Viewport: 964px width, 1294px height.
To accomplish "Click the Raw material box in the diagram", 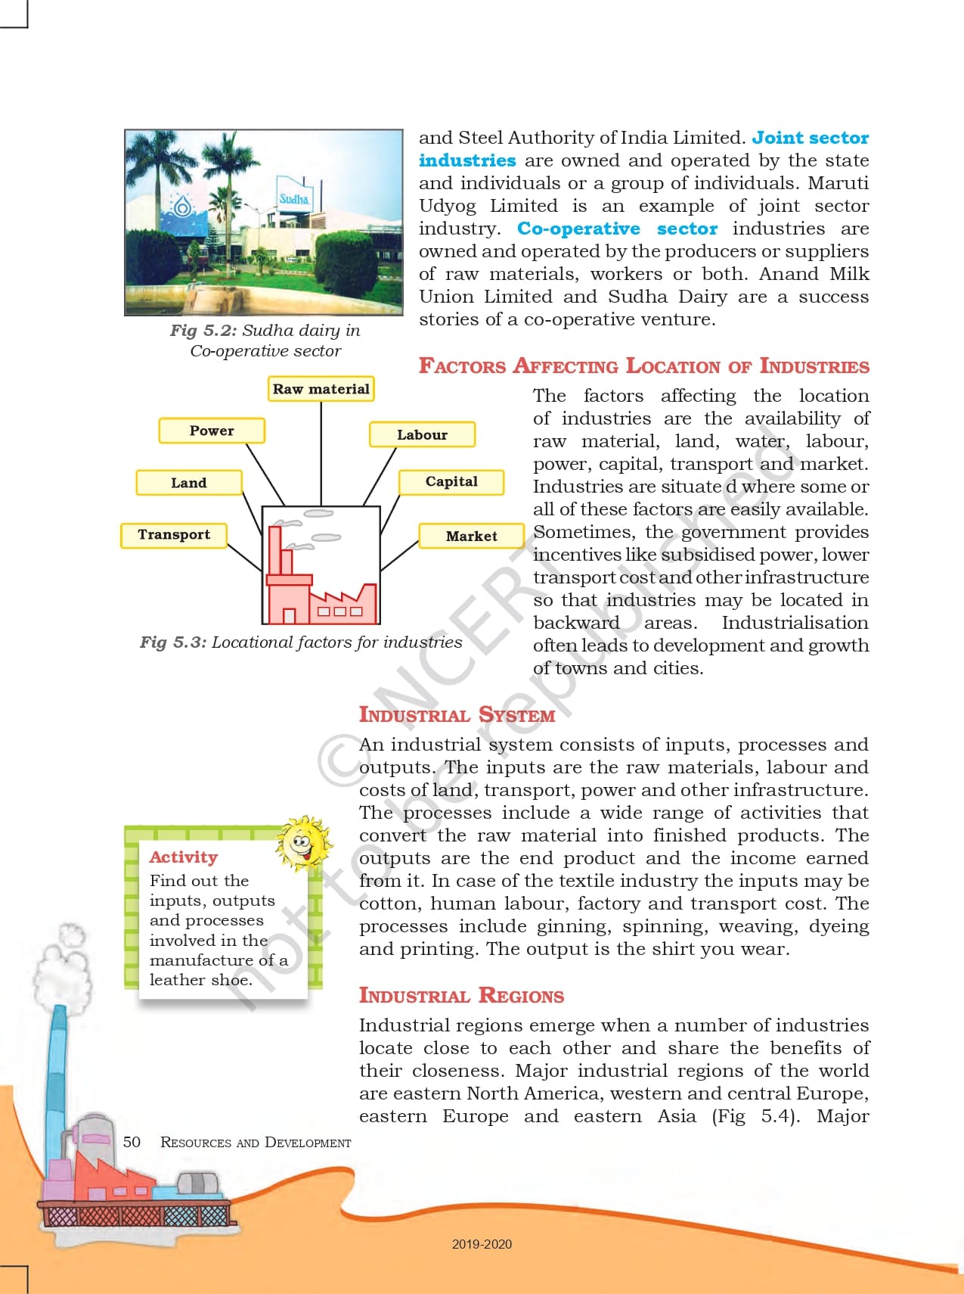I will (x=321, y=389).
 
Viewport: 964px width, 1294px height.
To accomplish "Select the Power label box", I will (x=212, y=431).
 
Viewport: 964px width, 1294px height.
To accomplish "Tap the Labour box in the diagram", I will (x=422, y=435).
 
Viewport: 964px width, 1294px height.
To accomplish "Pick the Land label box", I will (x=189, y=483).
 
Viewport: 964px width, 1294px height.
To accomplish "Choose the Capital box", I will (x=451, y=482).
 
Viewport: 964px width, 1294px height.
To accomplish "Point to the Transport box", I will (x=174, y=535).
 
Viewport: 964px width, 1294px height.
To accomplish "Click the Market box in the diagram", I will (x=471, y=537).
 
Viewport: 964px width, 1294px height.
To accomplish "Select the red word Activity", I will (x=184, y=857).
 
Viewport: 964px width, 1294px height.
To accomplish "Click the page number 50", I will (x=132, y=1142).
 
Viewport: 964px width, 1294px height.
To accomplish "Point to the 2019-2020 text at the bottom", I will (x=482, y=1244).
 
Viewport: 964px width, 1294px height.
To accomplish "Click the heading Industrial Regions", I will (x=461, y=996).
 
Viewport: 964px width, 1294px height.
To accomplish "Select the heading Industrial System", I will (x=457, y=715).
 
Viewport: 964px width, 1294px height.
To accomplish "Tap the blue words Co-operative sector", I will (x=617, y=229).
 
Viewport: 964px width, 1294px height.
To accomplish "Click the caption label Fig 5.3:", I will (x=172, y=642).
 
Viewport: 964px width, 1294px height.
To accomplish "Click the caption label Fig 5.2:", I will (x=203, y=331).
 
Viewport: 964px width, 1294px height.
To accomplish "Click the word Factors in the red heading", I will (x=462, y=366).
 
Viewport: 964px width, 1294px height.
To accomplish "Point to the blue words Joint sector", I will (x=810, y=138).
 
